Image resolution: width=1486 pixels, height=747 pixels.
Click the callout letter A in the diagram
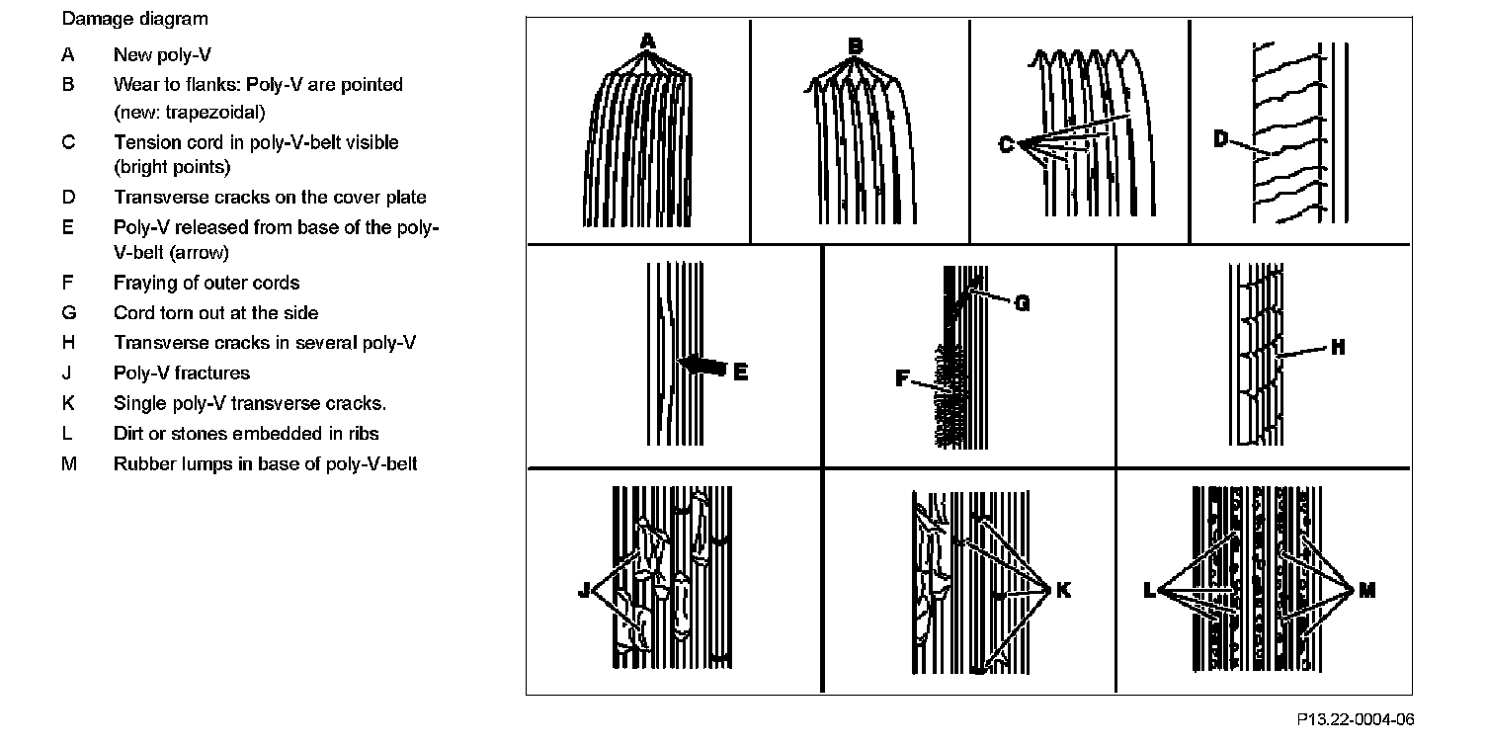[647, 41]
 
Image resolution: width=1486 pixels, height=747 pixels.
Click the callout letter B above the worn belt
[855, 45]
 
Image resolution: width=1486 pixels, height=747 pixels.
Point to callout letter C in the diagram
[1006, 145]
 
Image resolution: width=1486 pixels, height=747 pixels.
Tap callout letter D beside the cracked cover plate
[1221, 139]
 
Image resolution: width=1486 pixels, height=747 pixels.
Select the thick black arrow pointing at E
[703, 366]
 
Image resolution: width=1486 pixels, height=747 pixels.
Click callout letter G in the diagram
[1022, 303]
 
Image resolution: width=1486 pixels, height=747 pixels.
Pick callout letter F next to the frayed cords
[902, 376]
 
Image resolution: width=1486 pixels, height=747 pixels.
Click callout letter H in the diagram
[1338, 347]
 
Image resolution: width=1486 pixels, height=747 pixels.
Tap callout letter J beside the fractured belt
[584, 591]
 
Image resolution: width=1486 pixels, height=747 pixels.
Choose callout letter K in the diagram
[1063, 590]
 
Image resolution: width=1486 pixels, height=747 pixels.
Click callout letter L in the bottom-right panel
[1148, 591]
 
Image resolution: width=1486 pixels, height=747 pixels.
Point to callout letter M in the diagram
[1366, 590]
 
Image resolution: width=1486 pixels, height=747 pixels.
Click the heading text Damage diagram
[135, 19]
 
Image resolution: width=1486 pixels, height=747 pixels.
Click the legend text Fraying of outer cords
[206, 284]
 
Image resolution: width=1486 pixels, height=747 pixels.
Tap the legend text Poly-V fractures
[182, 373]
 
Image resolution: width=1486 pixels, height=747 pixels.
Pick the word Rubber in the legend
[140, 463]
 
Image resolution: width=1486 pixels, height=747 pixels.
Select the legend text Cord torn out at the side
[215, 313]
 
